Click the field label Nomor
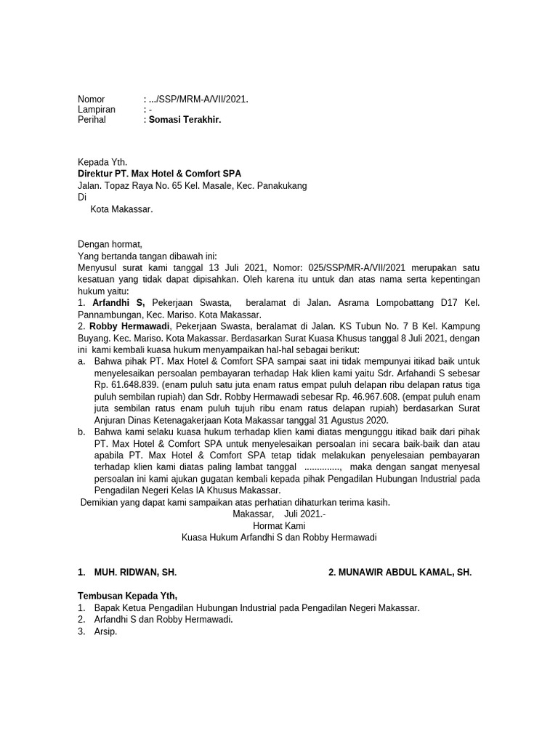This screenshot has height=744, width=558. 92,99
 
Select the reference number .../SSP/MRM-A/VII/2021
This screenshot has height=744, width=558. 198,99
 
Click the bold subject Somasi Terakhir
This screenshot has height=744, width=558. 185,119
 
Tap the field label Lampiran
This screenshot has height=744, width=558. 97,109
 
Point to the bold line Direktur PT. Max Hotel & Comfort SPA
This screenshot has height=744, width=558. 159,174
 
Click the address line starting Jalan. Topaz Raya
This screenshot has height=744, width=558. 192,185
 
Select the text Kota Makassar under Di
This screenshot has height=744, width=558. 121,209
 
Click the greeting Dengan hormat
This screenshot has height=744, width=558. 110,245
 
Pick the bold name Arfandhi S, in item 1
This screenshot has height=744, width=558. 118,302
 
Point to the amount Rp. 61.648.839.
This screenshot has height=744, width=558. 122,385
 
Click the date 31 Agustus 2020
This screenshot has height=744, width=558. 347,420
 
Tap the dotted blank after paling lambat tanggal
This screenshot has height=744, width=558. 323,466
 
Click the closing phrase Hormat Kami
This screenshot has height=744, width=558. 278,525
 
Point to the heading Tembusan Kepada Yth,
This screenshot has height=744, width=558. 128,597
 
